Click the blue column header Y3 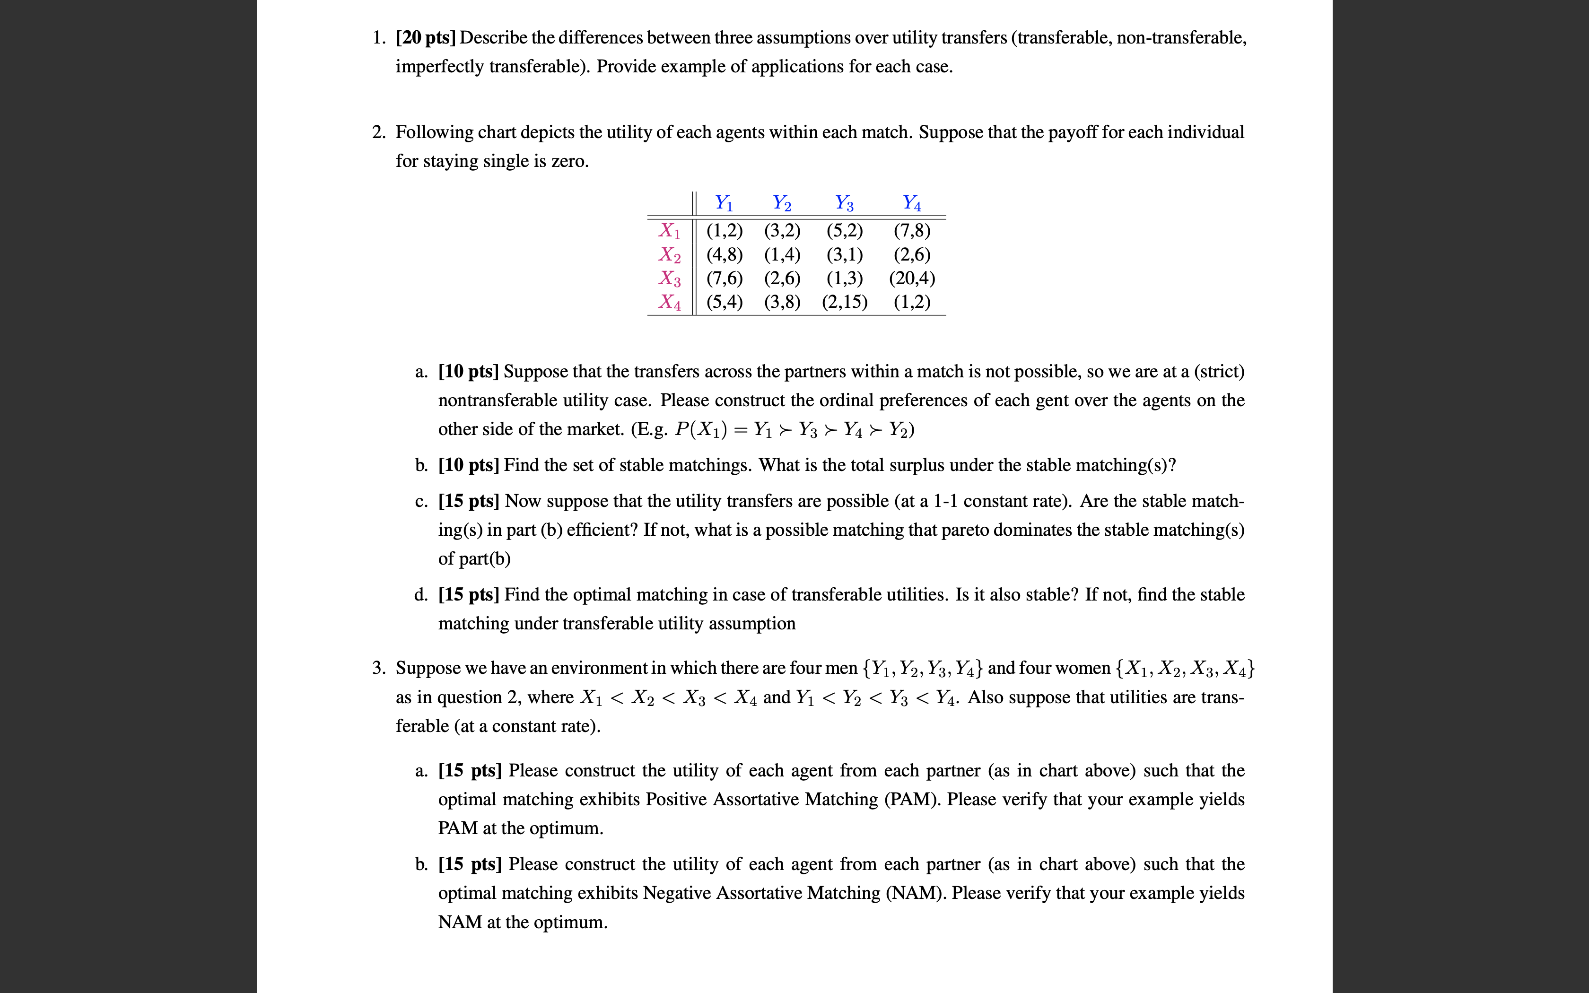click(845, 203)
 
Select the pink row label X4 click(670, 302)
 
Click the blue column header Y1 click(724, 203)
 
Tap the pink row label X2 click(670, 255)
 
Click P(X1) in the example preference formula click(700, 429)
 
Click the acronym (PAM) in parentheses click(913, 799)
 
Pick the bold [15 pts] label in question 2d click(469, 595)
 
